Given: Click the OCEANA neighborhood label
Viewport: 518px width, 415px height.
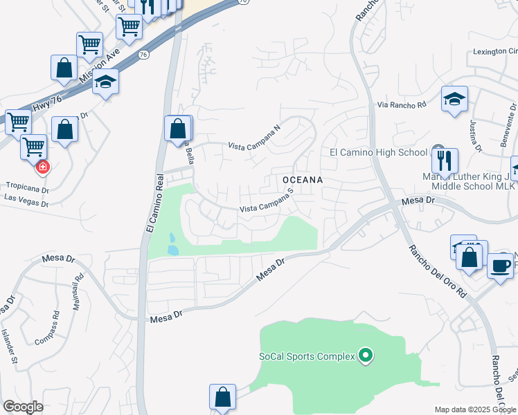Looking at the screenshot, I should (x=303, y=179).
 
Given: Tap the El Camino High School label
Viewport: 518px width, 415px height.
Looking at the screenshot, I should (x=378, y=152).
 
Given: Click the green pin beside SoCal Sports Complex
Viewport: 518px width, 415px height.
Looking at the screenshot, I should (x=366, y=356).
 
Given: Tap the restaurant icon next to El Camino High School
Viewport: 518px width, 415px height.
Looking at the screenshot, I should (x=445, y=160).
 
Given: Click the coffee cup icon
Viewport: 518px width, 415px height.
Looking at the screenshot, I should (x=500, y=265).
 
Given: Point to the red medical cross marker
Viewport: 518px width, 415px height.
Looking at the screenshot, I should (x=42, y=167).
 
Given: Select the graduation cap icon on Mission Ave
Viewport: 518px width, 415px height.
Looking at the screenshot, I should (x=106, y=82).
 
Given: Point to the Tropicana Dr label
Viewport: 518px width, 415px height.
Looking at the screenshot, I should (x=27, y=186).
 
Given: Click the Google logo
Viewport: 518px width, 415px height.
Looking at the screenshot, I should (x=23, y=407).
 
